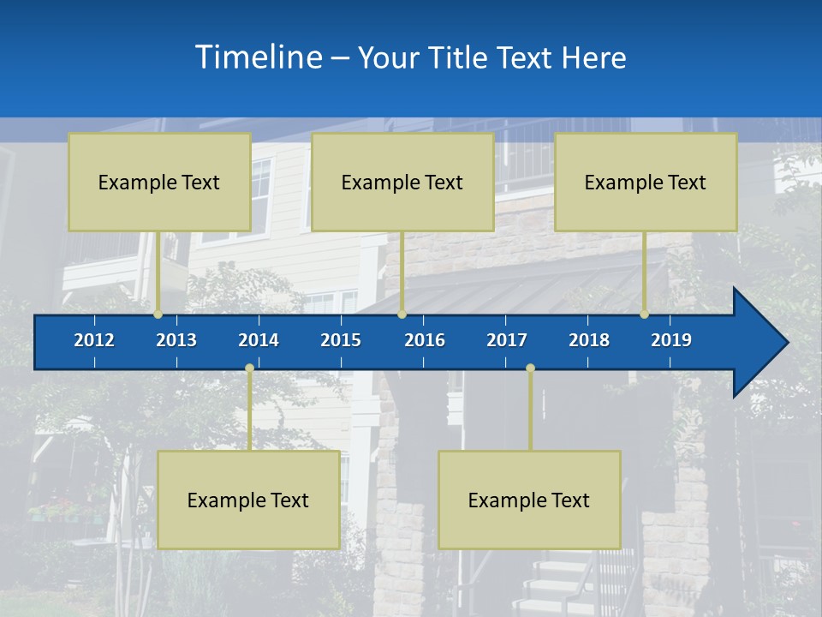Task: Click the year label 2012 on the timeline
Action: tap(94, 340)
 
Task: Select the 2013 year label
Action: tap(176, 340)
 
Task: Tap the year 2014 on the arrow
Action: tap(259, 340)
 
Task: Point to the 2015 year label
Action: tap(341, 340)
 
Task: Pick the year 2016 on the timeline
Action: tap(425, 340)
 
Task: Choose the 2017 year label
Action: tap(507, 340)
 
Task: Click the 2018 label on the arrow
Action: tap(589, 340)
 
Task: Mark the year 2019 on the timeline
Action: tap(671, 340)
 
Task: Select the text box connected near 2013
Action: tap(159, 182)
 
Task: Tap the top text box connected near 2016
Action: tap(402, 182)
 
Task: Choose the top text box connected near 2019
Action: tap(646, 182)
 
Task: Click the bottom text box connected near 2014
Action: tap(248, 500)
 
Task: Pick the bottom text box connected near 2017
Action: tap(529, 500)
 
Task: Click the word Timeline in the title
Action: tap(257, 57)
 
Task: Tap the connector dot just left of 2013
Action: tap(158, 314)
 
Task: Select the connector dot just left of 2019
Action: tap(645, 314)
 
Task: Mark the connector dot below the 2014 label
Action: tap(249, 368)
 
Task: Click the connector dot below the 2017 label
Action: tap(530, 368)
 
